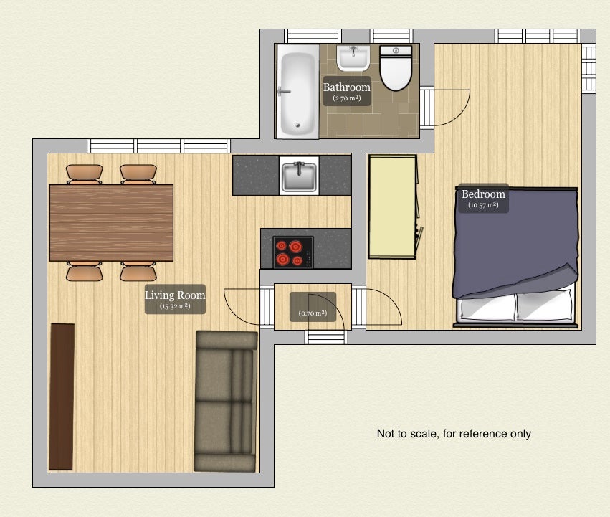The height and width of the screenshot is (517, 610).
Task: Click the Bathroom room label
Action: tap(347, 87)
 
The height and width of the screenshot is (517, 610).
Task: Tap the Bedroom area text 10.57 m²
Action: tap(483, 205)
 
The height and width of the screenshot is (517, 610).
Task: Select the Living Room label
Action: tap(175, 295)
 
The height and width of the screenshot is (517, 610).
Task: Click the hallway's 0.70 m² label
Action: tap(313, 313)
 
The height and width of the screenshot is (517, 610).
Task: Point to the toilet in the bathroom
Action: tap(396, 67)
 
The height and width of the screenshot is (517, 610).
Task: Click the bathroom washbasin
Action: tap(353, 58)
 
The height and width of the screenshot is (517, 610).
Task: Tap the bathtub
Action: tap(297, 91)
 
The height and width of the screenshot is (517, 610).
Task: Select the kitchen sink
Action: tap(299, 176)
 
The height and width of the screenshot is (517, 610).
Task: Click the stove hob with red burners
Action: tap(293, 252)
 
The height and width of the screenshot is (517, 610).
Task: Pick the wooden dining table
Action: tap(111, 223)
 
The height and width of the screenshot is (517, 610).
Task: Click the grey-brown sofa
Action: tap(226, 402)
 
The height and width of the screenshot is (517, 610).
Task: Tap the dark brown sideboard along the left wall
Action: tap(62, 397)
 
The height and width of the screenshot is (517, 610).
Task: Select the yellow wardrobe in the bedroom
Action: tap(393, 207)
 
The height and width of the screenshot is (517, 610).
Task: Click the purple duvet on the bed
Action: tap(515, 242)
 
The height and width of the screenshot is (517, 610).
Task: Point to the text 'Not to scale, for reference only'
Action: tap(454, 434)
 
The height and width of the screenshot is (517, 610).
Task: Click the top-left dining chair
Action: tap(85, 174)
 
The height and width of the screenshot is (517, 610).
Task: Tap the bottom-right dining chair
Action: tap(138, 271)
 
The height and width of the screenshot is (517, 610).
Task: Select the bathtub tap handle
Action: tap(284, 92)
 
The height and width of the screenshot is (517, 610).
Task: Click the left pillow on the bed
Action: tap(487, 308)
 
